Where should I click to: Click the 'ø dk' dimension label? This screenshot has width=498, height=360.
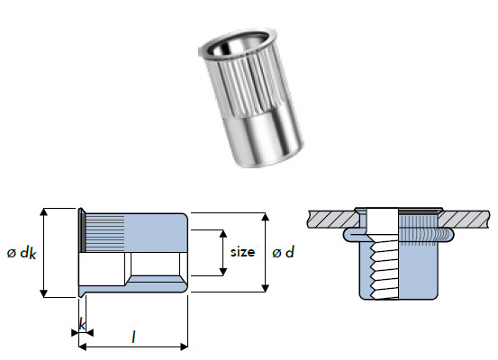(x=21, y=254)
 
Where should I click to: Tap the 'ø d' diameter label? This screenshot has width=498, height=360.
(x=283, y=254)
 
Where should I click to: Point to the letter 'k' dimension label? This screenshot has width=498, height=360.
(x=82, y=323)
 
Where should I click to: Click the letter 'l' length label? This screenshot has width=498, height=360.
(x=133, y=337)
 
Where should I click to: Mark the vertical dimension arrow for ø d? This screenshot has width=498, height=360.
(x=265, y=253)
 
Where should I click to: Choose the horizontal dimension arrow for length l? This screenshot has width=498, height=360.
(x=133, y=346)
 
